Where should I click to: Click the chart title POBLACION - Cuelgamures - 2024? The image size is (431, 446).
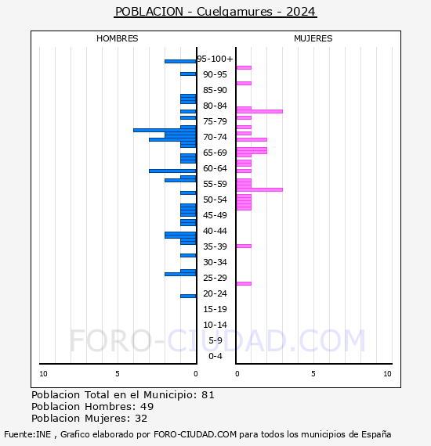click(215, 12)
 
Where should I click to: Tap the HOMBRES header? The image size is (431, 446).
click(117, 38)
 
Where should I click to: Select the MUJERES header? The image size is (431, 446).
click(313, 38)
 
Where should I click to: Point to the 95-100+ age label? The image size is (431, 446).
click(215, 59)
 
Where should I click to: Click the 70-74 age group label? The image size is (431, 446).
click(215, 137)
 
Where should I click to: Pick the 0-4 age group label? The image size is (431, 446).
click(215, 356)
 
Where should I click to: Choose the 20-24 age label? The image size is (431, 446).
click(215, 293)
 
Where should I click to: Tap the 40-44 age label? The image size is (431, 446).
click(215, 231)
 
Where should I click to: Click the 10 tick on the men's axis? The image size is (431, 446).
click(43, 374)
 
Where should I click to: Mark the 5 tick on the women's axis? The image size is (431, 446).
click(313, 374)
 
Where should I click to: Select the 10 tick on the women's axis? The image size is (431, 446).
click(387, 374)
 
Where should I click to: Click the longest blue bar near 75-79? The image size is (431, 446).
click(165, 130)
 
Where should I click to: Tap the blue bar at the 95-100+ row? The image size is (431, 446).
click(180, 61)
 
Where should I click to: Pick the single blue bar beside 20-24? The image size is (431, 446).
click(188, 296)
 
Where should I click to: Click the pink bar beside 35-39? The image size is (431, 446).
click(244, 246)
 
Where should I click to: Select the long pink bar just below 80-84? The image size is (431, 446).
click(259, 111)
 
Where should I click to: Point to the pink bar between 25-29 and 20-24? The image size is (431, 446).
click(244, 283)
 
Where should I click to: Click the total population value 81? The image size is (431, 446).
click(208, 395)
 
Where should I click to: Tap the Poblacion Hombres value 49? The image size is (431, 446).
click(147, 407)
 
